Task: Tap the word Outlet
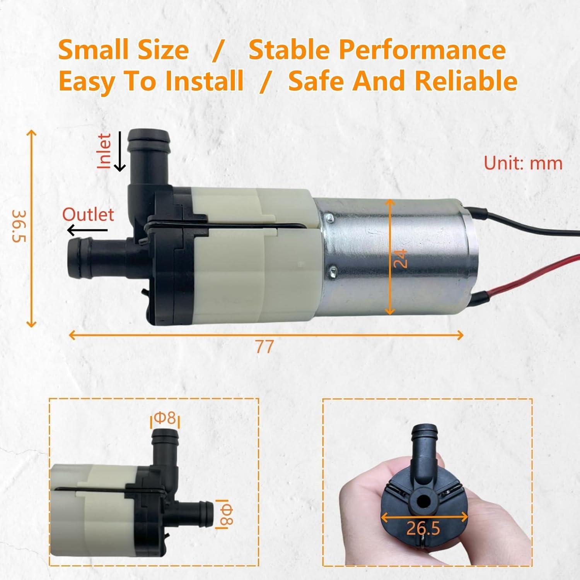pyautogui.click(x=88, y=215)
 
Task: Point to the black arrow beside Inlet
pyautogui.click(x=120, y=152)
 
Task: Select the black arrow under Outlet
pyautogui.click(x=87, y=230)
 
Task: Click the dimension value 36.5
pyautogui.click(x=19, y=226)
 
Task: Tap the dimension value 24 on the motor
pyautogui.click(x=401, y=258)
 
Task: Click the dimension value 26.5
pyautogui.click(x=423, y=528)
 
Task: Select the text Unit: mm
pyautogui.click(x=523, y=163)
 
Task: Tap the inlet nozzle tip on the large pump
pyautogui.click(x=149, y=136)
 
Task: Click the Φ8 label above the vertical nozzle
pyautogui.click(x=165, y=418)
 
